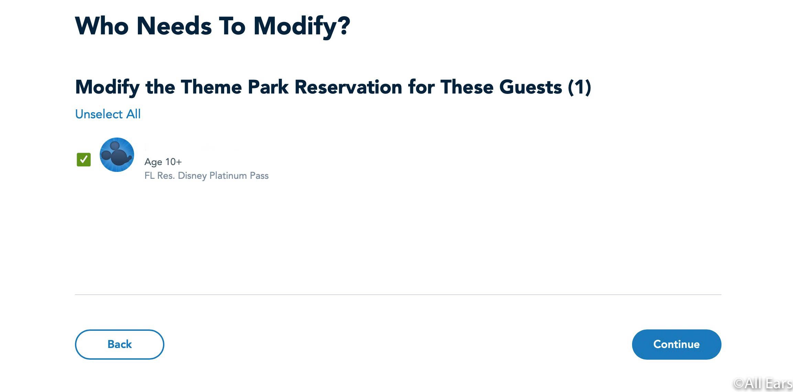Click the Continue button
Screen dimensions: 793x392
pyautogui.click(x=676, y=344)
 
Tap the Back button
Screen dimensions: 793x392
pyautogui.click(x=119, y=344)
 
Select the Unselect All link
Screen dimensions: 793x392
pyautogui.click(x=108, y=114)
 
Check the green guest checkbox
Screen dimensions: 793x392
pyautogui.click(x=84, y=160)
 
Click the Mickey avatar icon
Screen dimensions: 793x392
pyautogui.click(x=117, y=155)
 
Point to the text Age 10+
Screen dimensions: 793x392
pyautogui.click(x=163, y=162)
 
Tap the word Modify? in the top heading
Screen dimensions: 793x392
pyautogui.click(x=302, y=26)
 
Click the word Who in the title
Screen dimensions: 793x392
pyautogui.click(x=102, y=26)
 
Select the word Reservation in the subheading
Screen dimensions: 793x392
pyautogui.click(x=348, y=87)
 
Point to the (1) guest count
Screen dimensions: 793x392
pyautogui.click(x=579, y=87)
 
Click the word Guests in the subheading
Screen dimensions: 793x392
pyautogui.click(x=531, y=87)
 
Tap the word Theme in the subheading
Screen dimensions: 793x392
pyautogui.click(x=211, y=87)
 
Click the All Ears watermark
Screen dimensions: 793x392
pyautogui.click(x=763, y=383)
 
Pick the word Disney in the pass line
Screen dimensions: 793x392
pyautogui.click(x=192, y=176)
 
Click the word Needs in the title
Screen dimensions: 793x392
pyautogui.click(x=174, y=26)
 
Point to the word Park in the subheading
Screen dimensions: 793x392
pyautogui.click(x=268, y=87)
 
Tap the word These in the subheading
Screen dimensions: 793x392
pyautogui.click(x=467, y=87)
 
